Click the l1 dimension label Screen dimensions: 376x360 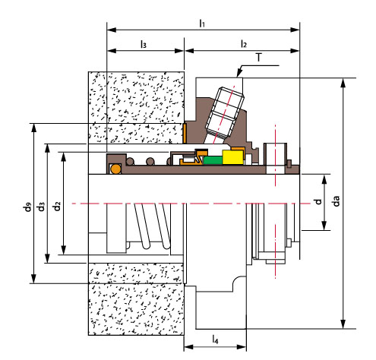(x=202, y=24)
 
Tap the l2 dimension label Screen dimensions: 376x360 (x=243, y=44)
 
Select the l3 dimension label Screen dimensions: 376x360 (x=144, y=44)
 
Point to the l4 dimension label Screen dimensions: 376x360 (x=215, y=339)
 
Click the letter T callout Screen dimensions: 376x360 (x=258, y=58)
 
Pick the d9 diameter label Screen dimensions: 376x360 (x=27, y=206)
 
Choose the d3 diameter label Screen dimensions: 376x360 (x=41, y=206)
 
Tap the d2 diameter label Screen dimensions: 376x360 (x=57, y=206)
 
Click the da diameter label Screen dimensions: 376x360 (x=336, y=201)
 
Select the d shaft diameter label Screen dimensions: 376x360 (x=318, y=201)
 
